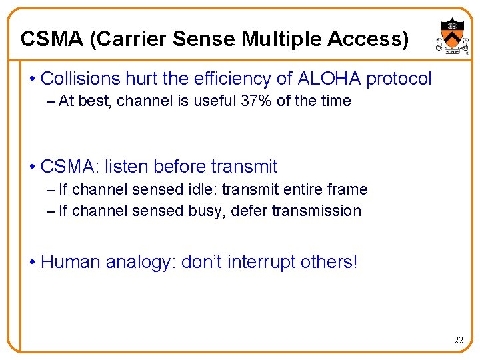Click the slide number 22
(x=459, y=341)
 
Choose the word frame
(x=347, y=189)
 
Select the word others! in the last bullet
(x=329, y=262)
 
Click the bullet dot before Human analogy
(x=33, y=262)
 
